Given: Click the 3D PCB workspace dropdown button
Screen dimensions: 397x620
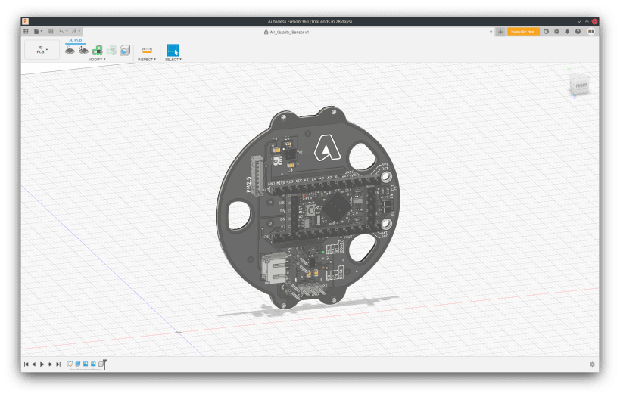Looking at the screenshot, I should click(x=42, y=50).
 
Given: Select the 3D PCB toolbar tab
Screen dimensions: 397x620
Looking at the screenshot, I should click(x=76, y=39).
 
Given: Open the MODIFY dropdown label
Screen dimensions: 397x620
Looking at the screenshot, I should click(x=97, y=59).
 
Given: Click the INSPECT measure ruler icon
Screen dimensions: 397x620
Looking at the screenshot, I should click(x=147, y=50).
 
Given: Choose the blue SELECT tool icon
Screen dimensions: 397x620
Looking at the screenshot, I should click(x=173, y=50).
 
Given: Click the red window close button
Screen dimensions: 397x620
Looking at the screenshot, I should click(x=595, y=21).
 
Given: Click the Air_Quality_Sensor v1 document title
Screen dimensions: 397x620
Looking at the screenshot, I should click(x=291, y=32).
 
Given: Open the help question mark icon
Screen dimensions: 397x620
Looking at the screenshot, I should click(x=579, y=32).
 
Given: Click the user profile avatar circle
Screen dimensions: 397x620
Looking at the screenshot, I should click(x=590, y=32).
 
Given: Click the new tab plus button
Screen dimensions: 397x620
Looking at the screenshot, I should click(x=500, y=32).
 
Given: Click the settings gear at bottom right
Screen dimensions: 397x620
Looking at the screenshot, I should click(x=592, y=364).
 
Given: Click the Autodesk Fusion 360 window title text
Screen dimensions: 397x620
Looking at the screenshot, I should click(x=310, y=21).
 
